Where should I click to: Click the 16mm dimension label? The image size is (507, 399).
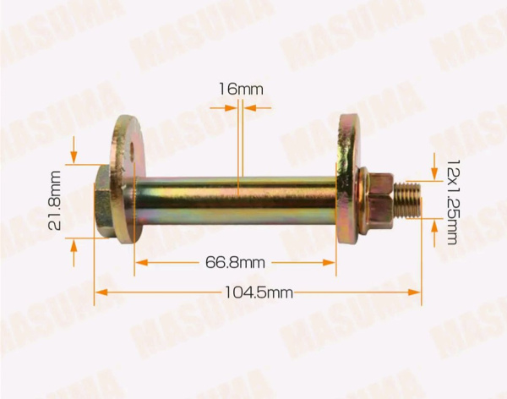(x=241, y=89)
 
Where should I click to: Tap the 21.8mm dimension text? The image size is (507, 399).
(x=54, y=200)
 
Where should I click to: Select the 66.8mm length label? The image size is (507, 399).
(x=235, y=262)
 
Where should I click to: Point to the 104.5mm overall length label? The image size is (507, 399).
(x=259, y=292)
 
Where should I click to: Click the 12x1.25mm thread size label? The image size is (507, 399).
(x=453, y=201)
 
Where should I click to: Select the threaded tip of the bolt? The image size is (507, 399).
(x=407, y=199)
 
